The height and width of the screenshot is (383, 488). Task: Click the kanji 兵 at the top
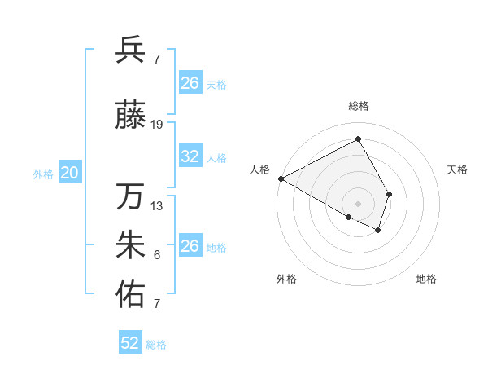(131, 50)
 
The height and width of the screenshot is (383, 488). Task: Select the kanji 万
(131, 196)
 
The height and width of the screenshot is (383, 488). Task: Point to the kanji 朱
(131, 245)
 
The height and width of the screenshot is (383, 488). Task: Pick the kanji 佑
(131, 294)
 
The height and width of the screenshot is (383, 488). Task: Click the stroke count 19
(157, 125)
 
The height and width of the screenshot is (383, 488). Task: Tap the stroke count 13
(157, 205)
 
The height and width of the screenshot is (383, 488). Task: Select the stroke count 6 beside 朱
(157, 255)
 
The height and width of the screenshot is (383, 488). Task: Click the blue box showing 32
(190, 156)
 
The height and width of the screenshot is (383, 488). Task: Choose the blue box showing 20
(70, 173)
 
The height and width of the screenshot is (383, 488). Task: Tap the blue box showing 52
(130, 343)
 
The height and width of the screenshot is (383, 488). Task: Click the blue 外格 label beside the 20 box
(43, 174)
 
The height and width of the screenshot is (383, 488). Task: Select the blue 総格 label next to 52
(156, 345)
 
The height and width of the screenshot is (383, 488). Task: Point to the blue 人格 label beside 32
(216, 158)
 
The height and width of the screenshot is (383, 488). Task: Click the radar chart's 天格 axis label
(457, 169)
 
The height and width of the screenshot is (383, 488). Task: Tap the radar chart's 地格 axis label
(426, 280)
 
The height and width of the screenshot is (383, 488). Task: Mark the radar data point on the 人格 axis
(281, 178)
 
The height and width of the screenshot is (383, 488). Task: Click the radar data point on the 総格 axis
(358, 139)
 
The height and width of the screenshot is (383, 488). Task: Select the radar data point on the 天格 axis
(390, 194)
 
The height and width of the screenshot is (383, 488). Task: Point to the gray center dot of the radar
(358, 203)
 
